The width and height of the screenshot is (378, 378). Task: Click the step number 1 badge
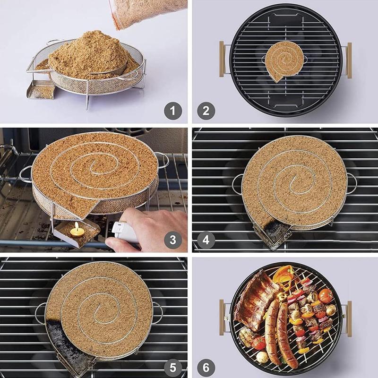coord(173,112)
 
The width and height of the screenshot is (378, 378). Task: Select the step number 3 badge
coord(173,240)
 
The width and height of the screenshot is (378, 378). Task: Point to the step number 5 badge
coord(173,367)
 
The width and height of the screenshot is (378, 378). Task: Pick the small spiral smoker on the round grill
coord(284,62)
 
